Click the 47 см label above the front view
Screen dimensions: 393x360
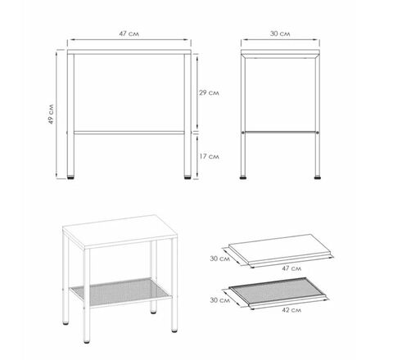pos(129,34)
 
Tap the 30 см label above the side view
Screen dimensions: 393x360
pos(280,34)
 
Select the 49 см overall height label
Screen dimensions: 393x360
pos(52,115)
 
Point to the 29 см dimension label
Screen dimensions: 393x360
pos(209,92)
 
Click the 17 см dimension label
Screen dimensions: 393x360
pos(209,156)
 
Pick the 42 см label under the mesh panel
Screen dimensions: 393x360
pos(291,310)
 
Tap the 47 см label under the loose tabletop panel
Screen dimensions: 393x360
pos(291,268)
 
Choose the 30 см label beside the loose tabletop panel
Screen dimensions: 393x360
pos(220,259)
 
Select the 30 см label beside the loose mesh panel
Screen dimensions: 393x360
pos(220,300)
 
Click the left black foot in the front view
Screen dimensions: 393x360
pos(70,178)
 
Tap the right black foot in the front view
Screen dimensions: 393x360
pos(187,178)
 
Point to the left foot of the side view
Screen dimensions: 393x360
pos(243,178)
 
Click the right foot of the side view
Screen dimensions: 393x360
pos(318,178)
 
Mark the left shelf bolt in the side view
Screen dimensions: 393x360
pos(243,133)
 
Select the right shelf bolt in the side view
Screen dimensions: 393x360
pos(318,133)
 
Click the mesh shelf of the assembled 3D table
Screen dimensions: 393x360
pos(120,292)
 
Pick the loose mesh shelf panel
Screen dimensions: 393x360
pos(278,292)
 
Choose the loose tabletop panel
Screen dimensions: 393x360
pos(281,250)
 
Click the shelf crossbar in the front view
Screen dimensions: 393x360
pos(129,133)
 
